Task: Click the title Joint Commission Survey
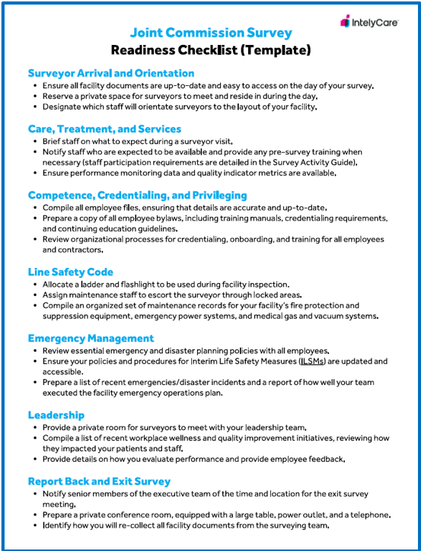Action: coord(211,33)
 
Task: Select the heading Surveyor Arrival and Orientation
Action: coord(111,73)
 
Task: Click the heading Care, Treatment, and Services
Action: coord(104,129)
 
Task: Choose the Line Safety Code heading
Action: coord(71,272)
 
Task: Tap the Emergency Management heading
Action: coord(91,338)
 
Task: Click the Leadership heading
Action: coord(56,415)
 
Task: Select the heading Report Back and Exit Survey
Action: coord(99,481)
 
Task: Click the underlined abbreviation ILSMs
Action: coord(310,361)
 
